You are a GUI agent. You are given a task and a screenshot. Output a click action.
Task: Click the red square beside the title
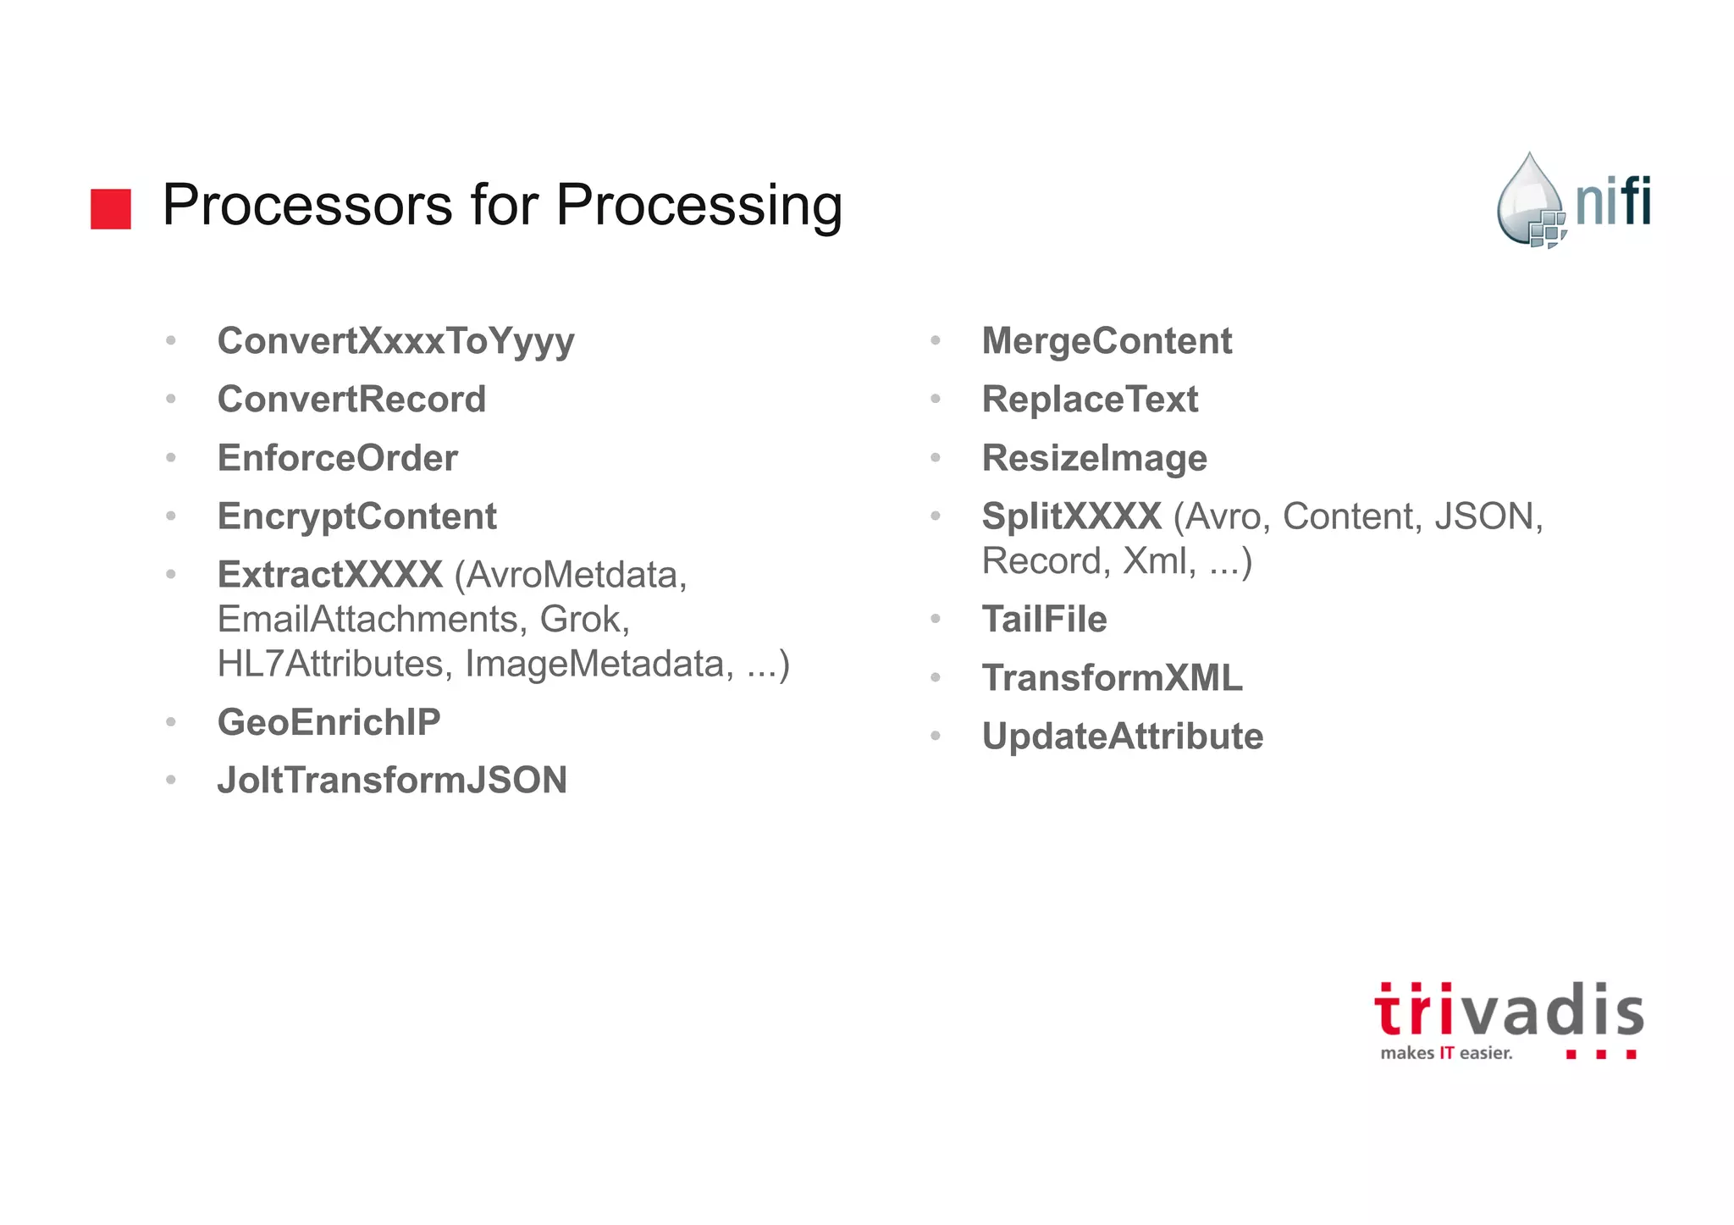click(111, 208)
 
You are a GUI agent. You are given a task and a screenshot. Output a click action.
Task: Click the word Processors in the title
click(306, 205)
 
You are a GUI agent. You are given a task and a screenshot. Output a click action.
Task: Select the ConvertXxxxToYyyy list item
click(395, 341)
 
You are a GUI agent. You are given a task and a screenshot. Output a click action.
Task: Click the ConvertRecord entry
click(351, 400)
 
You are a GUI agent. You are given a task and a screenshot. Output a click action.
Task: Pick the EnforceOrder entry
click(337, 458)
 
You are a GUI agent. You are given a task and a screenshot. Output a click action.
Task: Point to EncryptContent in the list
click(356, 516)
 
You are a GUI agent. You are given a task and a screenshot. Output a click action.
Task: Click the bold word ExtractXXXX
click(329, 575)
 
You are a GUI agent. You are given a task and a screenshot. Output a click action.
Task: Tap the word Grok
click(583, 619)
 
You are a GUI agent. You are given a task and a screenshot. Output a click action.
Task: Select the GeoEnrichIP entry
click(329, 722)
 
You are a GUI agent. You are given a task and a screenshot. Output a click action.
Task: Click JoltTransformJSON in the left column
click(392, 781)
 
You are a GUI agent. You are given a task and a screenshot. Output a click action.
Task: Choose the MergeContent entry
click(1106, 341)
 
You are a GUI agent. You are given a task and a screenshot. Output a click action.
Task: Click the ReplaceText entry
click(1090, 400)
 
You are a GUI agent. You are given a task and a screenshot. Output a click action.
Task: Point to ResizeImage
click(1094, 458)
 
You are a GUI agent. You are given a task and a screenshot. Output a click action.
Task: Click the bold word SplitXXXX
click(1071, 516)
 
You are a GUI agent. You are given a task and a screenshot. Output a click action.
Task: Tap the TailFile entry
click(1044, 620)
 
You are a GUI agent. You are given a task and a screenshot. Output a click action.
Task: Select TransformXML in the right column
click(1112, 678)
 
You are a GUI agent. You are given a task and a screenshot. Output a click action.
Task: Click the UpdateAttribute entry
click(1122, 737)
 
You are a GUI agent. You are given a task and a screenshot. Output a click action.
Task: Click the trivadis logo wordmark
click(1508, 1011)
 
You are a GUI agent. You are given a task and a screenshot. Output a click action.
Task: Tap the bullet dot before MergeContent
click(936, 341)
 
